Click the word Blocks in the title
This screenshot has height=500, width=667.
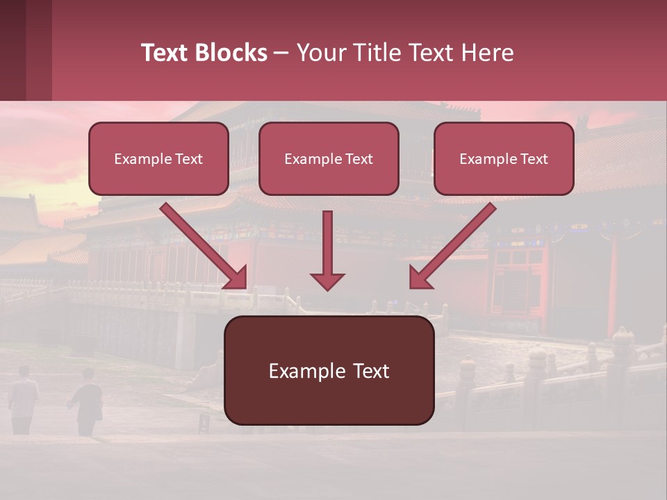(x=233, y=53)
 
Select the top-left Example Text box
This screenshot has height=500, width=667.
(x=158, y=159)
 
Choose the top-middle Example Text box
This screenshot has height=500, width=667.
(x=329, y=159)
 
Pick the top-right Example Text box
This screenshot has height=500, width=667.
(x=504, y=159)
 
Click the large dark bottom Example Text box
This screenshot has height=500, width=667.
(x=329, y=371)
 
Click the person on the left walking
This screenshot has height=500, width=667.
(x=23, y=399)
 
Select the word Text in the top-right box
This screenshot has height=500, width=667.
(x=534, y=159)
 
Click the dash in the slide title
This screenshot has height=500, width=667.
(x=281, y=53)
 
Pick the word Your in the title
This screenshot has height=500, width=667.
(x=318, y=53)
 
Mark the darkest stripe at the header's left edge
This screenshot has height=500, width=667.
(x=13, y=50)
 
